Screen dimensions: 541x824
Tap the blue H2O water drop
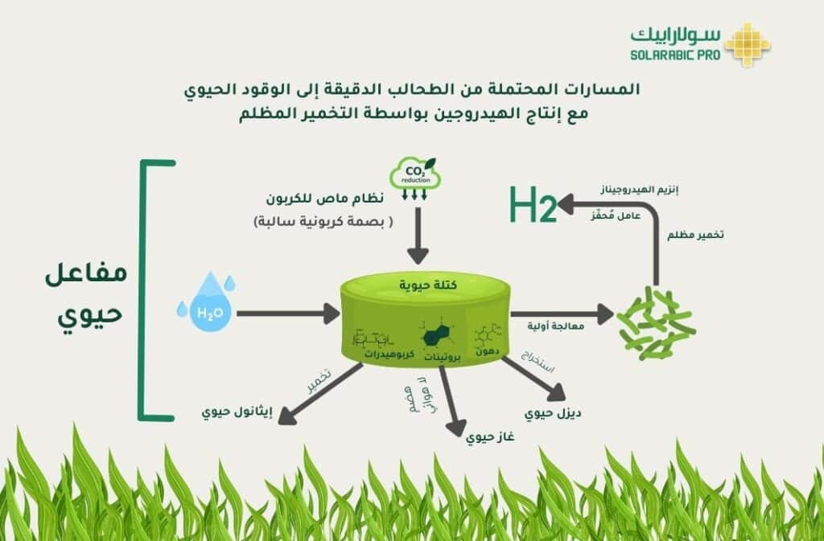(208, 302)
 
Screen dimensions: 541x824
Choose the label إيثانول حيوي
(237, 412)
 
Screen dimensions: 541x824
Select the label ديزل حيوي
(553, 414)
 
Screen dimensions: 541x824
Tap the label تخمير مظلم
(696, 236)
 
